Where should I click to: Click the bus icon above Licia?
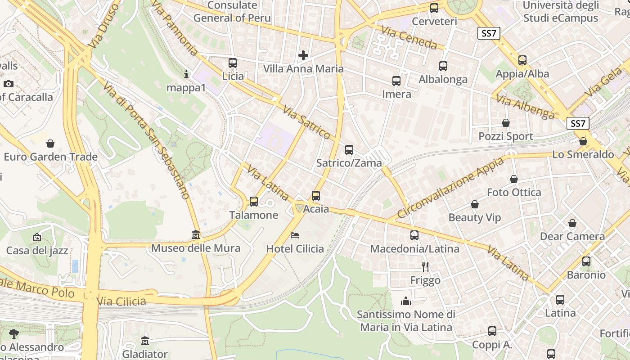tap(233, 63)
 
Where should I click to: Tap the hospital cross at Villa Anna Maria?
tap(303, 55)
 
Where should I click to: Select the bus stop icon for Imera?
tap(396, 81)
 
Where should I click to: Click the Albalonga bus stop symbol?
tap(443, 66)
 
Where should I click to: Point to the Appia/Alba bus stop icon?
tap(522, 60)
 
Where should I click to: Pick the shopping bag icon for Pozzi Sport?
tap(506, 123)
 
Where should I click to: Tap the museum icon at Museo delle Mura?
tap(196, 235)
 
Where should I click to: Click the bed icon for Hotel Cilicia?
tap(295, 235)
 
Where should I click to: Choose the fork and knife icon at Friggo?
tap(425, 267)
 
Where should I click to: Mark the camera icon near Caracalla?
tap(8, 84)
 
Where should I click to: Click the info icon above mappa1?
tap(186, 74)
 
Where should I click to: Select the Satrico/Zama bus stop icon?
tap(349, 150)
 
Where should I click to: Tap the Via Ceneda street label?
tap(409, 37)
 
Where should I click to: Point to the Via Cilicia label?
tap(121, 301)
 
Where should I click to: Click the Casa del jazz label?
tap(37, 250)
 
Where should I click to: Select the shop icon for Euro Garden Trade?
tap(50, 144)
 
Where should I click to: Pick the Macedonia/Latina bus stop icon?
tap(414, 235)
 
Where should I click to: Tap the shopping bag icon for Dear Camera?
tap(572, 223)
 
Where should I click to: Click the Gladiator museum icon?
tap(145, 341)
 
